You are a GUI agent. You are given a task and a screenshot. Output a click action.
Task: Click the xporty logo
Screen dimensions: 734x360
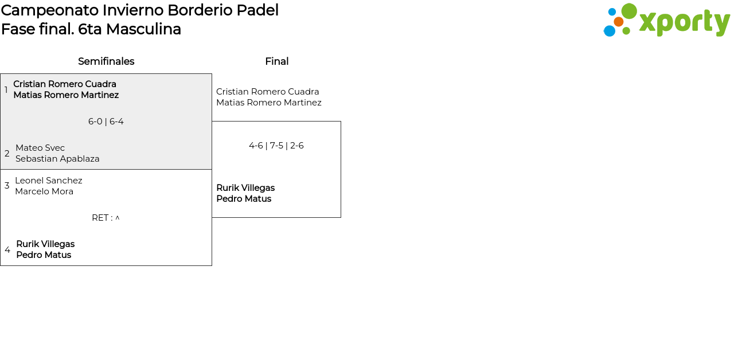coord(666,20)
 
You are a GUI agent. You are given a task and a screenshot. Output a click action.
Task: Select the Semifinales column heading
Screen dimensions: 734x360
coord(106,61)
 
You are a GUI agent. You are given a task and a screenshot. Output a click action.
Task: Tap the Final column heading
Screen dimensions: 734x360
coord(277,61)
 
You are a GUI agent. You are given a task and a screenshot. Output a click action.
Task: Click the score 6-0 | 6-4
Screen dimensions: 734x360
coord(106,122)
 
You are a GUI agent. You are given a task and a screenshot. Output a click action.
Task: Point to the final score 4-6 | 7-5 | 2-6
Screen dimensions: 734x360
coord(276,146)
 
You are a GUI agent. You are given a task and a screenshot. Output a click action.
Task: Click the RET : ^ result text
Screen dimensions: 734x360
coord(106,218)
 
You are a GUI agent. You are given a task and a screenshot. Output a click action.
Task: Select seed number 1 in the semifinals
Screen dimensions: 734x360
coord(6,89)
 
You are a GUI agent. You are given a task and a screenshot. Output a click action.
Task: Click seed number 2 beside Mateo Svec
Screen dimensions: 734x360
coord(7,153)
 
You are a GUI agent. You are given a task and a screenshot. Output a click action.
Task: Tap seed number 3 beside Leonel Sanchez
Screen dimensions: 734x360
coord(7,186)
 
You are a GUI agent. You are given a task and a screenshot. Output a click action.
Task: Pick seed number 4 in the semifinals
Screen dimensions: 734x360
coord(7,249)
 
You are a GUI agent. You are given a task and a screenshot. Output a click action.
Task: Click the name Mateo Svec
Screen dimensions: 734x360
coord(40,148)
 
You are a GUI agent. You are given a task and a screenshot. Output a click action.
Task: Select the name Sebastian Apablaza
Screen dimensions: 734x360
coord(57,159)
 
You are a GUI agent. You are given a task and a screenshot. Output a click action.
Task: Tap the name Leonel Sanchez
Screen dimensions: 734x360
coord(49,181)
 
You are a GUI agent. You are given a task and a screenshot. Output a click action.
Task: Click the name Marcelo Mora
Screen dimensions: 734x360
coord(44,191)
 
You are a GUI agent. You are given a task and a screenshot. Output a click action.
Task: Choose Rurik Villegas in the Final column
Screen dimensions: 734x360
coord(245,187)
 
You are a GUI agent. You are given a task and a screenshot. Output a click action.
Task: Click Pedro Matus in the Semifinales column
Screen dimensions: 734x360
coord(44,255)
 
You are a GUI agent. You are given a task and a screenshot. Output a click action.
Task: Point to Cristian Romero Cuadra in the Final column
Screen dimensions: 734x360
coord(267,91)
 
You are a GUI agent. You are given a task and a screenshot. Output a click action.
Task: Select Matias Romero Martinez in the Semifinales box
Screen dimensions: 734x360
coord(66,95)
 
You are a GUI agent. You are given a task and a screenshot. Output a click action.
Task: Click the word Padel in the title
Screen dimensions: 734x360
coord(257,10)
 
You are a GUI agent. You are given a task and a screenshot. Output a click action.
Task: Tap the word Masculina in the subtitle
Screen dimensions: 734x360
coord(143,29)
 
